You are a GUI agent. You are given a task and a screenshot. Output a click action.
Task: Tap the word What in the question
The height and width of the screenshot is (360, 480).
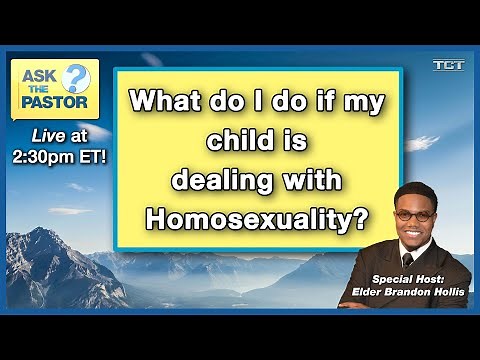(x=166, y=100)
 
